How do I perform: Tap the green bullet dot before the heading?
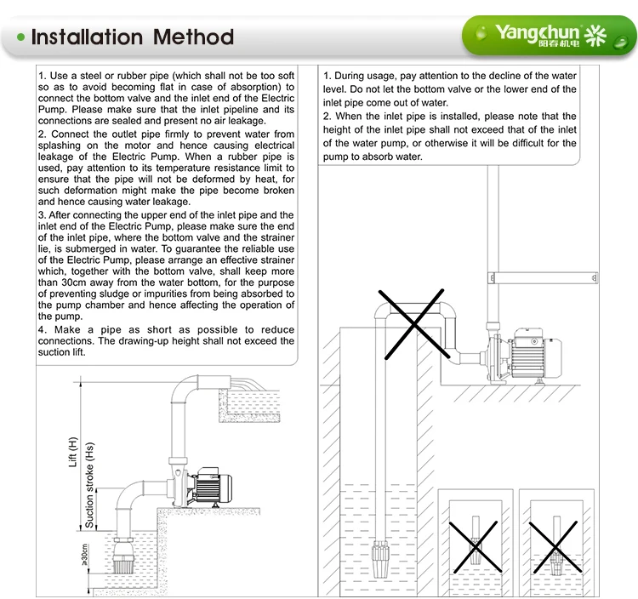coord(20,37)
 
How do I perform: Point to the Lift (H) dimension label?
coord(73,452)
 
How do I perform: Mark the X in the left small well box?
coord(475,545)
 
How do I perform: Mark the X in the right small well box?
coord(555,545)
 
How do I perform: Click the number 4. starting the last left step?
coord(43,329)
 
